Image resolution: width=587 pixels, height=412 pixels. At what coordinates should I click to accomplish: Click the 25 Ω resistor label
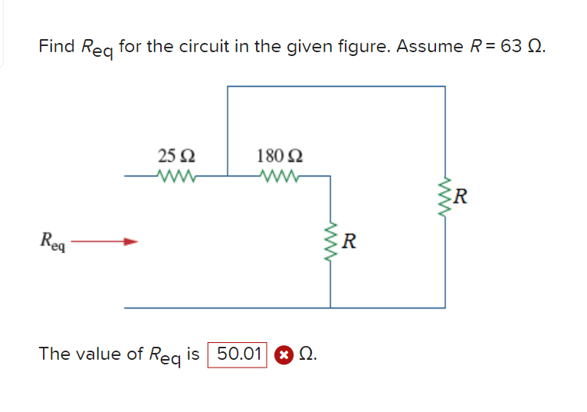[x=176, y=156]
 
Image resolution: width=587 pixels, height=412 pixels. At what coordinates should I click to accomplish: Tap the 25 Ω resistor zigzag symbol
[x=177, y=176]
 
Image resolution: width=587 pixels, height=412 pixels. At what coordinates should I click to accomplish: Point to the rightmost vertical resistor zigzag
[x=444, y=196]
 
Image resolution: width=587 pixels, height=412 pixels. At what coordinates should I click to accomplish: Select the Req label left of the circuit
[x=54, y=245]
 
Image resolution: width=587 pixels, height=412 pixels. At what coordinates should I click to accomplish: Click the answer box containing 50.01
[x=238, y=354]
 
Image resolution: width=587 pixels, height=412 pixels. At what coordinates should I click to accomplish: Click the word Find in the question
[x=57, y=46]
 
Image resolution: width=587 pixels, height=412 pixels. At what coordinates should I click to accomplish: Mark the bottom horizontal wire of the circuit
[x=284, y=308]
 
